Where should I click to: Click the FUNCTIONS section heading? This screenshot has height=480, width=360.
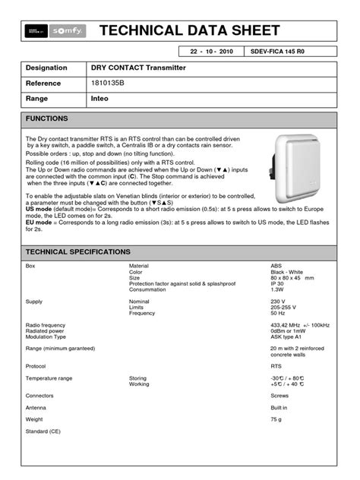pyautogui.click(x=47, y=119)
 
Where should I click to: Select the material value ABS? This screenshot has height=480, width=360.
pyautogui.click(x=276, y=266)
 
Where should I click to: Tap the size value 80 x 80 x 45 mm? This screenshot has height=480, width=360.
pyautogui.click(x=292, y=278)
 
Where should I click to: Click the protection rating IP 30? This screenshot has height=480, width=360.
pyautogui.click(x=279, y=284)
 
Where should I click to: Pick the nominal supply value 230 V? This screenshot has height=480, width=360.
pyautogui.click(x=279, y=301)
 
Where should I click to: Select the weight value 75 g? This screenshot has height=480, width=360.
pyautogui.click(x=277, y=418)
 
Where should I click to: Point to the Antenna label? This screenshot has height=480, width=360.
pyautogui.click(x=38, y=407)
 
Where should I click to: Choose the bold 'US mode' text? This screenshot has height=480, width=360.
pyautogui.click(x=39, y=215)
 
